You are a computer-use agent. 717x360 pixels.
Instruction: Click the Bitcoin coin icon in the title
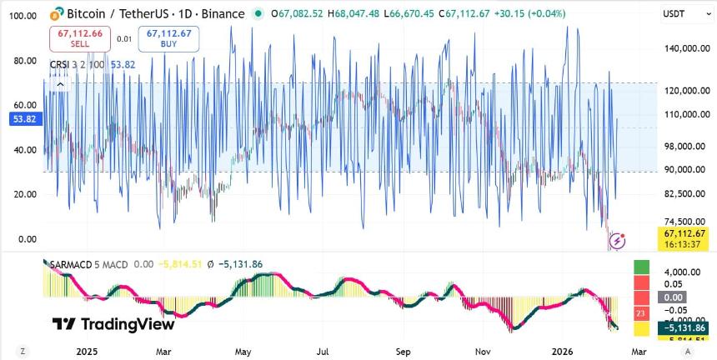(58, 14)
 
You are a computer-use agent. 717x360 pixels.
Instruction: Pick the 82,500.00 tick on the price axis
(686, 194)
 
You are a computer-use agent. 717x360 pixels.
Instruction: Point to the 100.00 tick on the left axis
(22, 16)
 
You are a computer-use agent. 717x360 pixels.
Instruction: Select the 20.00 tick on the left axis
(22, 194)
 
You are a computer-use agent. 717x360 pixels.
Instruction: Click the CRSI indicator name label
(61, 63)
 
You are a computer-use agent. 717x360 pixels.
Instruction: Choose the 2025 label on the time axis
(87, 352)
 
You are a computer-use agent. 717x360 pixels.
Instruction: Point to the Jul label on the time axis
(323, 352)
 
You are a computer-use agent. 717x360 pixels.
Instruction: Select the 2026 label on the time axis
(564, 352)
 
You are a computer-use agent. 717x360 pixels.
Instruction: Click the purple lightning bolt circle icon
(619, 241)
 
